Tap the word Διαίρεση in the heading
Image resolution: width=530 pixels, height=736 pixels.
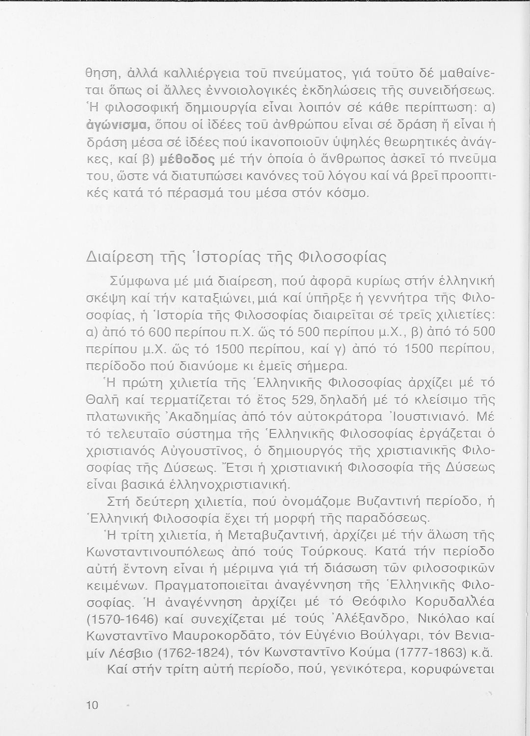[x=116, y=257]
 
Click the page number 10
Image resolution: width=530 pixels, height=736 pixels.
[x=92, y=706]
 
